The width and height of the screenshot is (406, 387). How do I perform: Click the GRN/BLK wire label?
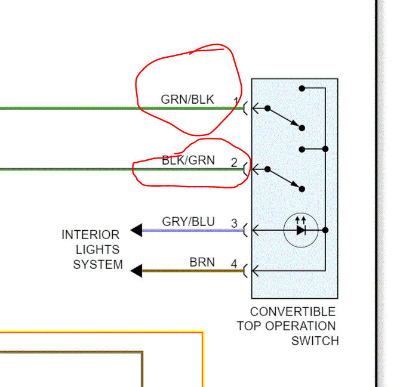point(187,100)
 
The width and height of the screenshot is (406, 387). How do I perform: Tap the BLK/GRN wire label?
point(188,160)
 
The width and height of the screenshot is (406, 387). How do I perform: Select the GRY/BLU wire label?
point(188,222)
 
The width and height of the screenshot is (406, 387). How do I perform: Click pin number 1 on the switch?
point(236,101)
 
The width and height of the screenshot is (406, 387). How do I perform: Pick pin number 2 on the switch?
point(234,162)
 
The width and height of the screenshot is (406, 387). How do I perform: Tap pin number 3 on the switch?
point(234,224)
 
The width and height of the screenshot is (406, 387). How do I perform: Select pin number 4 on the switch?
point(234,264)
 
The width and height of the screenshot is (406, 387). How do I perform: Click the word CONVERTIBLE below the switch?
point(293,312)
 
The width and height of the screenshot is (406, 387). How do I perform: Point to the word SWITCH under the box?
point(315,341)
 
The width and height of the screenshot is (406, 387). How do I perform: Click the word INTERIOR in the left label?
point(90,235)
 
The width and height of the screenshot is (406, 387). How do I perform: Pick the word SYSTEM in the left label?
point(98,265)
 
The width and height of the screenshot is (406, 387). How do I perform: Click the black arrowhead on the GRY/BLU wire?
point(137,230)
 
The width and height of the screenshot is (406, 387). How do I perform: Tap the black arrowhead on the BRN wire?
point(137,271)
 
